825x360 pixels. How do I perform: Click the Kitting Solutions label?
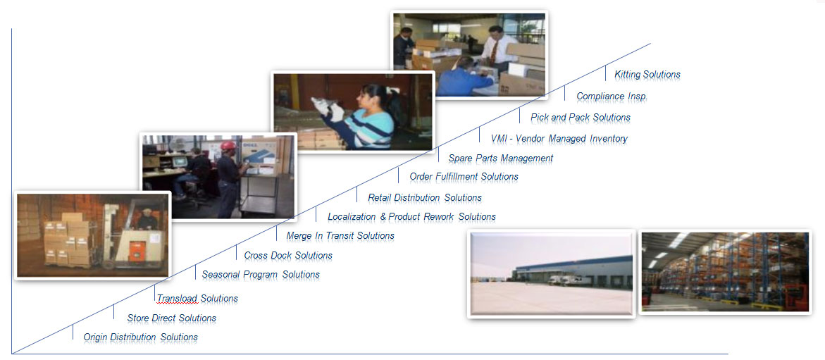[x=647, y=75]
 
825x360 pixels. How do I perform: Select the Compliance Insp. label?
[x=612, y=97]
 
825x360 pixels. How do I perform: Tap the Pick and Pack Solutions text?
[x=581, y=118]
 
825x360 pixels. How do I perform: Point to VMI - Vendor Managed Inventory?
[x=559, y=139]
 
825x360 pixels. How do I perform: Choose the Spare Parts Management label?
[x=500, y=159]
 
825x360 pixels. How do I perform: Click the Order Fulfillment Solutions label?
[x=464, y=177]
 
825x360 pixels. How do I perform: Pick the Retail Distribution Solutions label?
[x=425, y=198]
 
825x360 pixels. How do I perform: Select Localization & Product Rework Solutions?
[x=411, y=217]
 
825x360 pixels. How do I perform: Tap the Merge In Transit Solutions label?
[x=340, y=236]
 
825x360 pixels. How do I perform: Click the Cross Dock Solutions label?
[x=288, y=256]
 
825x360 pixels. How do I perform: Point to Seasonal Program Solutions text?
[x=261, y=275]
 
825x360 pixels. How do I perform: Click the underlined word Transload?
[x=177, y=299]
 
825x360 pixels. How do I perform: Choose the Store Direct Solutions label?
[x=171, y=318]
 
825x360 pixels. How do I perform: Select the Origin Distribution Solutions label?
[x=140, y=337]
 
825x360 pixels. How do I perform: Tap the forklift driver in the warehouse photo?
[x=147, y=219]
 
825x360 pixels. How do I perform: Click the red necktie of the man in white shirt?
[x=494, y=53]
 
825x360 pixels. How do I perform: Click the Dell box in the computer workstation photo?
[x=259, y=156]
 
